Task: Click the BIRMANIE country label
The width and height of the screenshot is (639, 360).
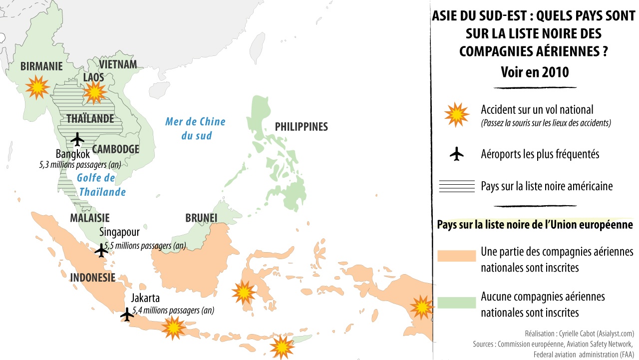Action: coord(41,66)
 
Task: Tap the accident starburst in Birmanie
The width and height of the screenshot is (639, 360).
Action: coord(37,87)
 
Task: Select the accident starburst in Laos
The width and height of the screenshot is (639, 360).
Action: coord(94,91)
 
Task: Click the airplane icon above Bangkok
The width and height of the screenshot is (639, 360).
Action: coord(77,139)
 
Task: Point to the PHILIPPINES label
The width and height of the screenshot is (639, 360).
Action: coord(301,126)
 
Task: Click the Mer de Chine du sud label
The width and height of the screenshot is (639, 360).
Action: coord(196,128)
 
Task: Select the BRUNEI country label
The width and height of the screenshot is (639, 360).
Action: coord(201,218)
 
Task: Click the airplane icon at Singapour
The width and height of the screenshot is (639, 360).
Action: coord(101,250)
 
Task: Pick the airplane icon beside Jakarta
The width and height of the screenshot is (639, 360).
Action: coord(127,315)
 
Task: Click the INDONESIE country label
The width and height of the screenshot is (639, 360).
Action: coord(93,278)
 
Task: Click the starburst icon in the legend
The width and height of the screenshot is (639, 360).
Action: coord(456,115)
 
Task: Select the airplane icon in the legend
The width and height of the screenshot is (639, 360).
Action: coord(456,155)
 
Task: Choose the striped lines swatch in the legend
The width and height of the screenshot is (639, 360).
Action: coord(456,186)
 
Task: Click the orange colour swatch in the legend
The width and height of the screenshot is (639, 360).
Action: coord(456,256)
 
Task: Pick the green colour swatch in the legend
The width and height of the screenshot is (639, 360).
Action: coord(456,303)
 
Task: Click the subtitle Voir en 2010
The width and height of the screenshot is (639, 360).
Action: coord(535,72)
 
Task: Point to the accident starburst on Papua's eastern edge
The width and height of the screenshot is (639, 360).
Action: coord(422,306)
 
